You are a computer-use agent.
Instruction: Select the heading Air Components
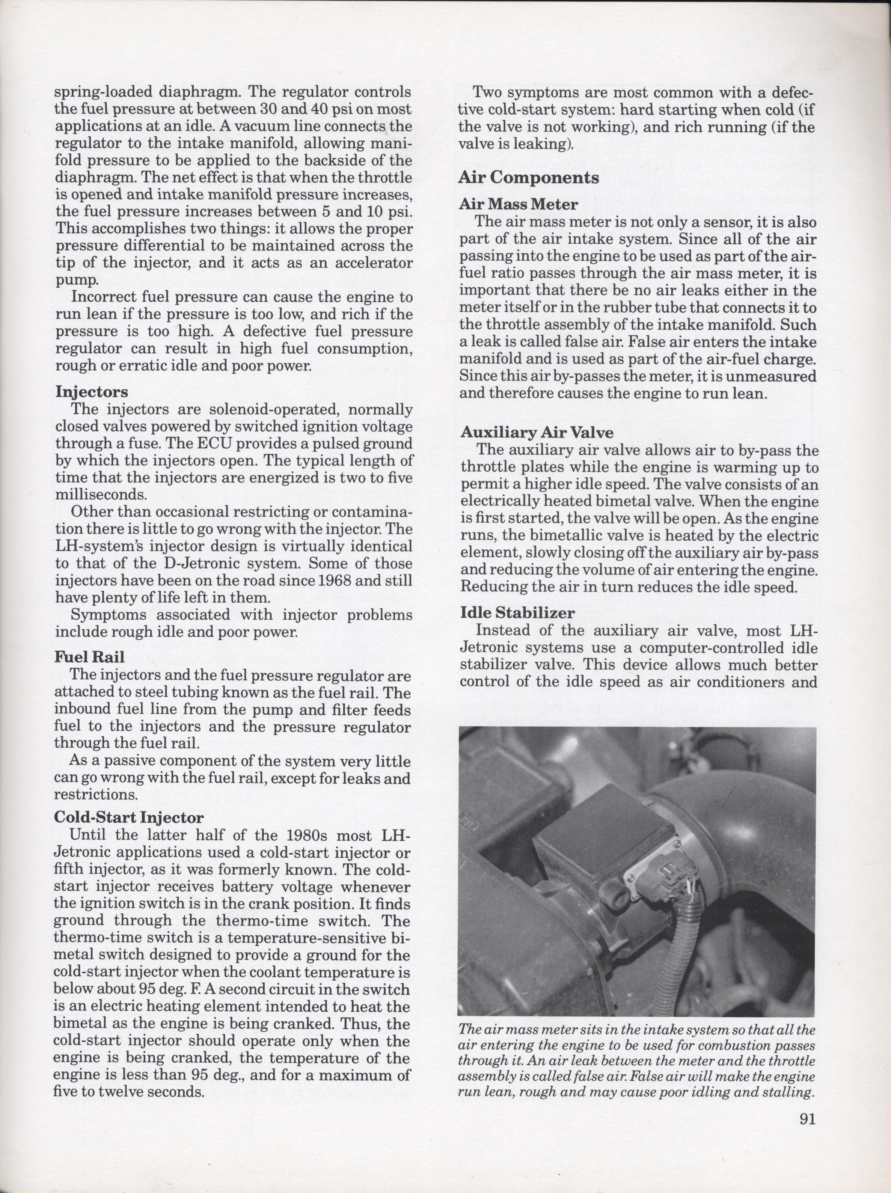point(529,178)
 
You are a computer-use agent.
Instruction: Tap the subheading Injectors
point(92,392)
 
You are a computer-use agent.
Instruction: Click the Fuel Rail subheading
point(89,656)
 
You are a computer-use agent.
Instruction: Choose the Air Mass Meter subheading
point(518,204)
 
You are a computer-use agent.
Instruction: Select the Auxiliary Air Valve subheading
point(537,433)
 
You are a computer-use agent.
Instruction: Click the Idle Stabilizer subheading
point(517,613)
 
